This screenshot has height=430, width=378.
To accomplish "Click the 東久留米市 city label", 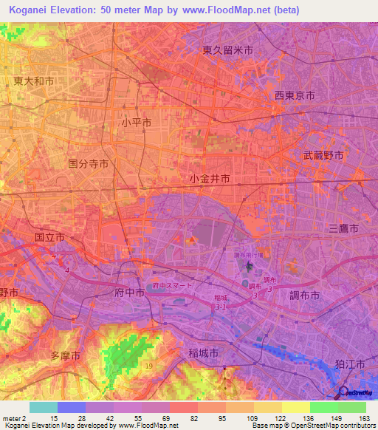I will click(x=228, y=51).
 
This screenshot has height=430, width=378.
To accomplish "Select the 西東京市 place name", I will click(x=295, y=96).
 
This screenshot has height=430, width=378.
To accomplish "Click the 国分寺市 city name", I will click(x=88, y=163).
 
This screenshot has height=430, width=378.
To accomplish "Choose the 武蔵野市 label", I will click(x=323, y=156).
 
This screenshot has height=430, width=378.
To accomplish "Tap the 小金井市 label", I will click(x=209, y=179).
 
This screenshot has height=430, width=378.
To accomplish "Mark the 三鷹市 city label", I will click(x=343, y=231).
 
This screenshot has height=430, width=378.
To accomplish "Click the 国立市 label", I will click(x=49, y=238).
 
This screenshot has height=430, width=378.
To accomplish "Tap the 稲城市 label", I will click(x=204, y=354).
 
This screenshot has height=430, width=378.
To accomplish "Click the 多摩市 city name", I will click(x=64, y=355).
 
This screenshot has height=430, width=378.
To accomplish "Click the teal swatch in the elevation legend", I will click(x=44, y=407).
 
